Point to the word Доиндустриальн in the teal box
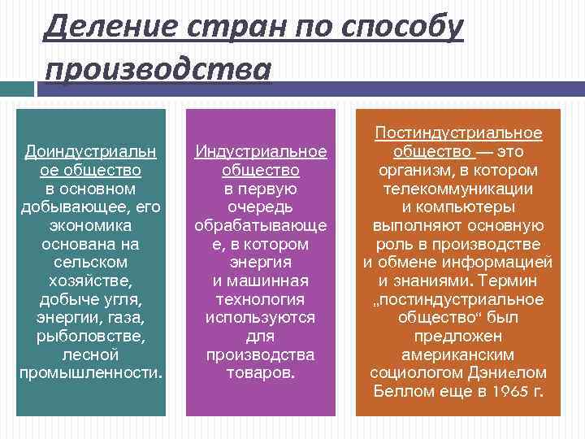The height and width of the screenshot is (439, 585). pyautogui.click(x=90, y=151)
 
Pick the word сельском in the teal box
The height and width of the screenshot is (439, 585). pyautogui.click(x=90, y=263)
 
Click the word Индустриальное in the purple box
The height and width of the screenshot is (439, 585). pyautogui.click(x=260, y=151)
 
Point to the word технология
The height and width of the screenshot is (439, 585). pyautogui.click(x=260, y=299)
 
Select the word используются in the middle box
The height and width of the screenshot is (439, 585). pyautogui.click(x=260, y=318)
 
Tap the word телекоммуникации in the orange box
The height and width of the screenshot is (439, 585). pyautogui.click(x=457, y=189)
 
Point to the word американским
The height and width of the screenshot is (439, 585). pyautogui.click(x=457, y=354)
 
